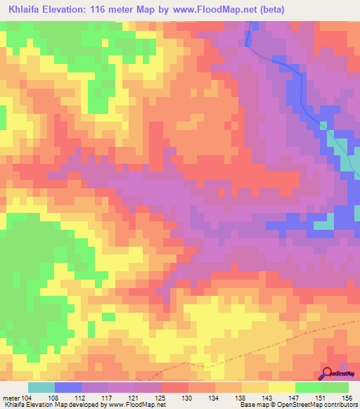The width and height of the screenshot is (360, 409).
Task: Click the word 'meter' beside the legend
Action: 11,397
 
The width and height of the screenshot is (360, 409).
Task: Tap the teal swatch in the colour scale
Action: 41,387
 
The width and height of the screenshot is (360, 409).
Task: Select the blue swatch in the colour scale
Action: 68,387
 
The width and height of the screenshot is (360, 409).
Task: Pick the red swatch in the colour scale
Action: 175,387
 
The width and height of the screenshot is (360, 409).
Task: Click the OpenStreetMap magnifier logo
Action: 328,375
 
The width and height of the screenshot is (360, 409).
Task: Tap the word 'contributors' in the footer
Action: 338,405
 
